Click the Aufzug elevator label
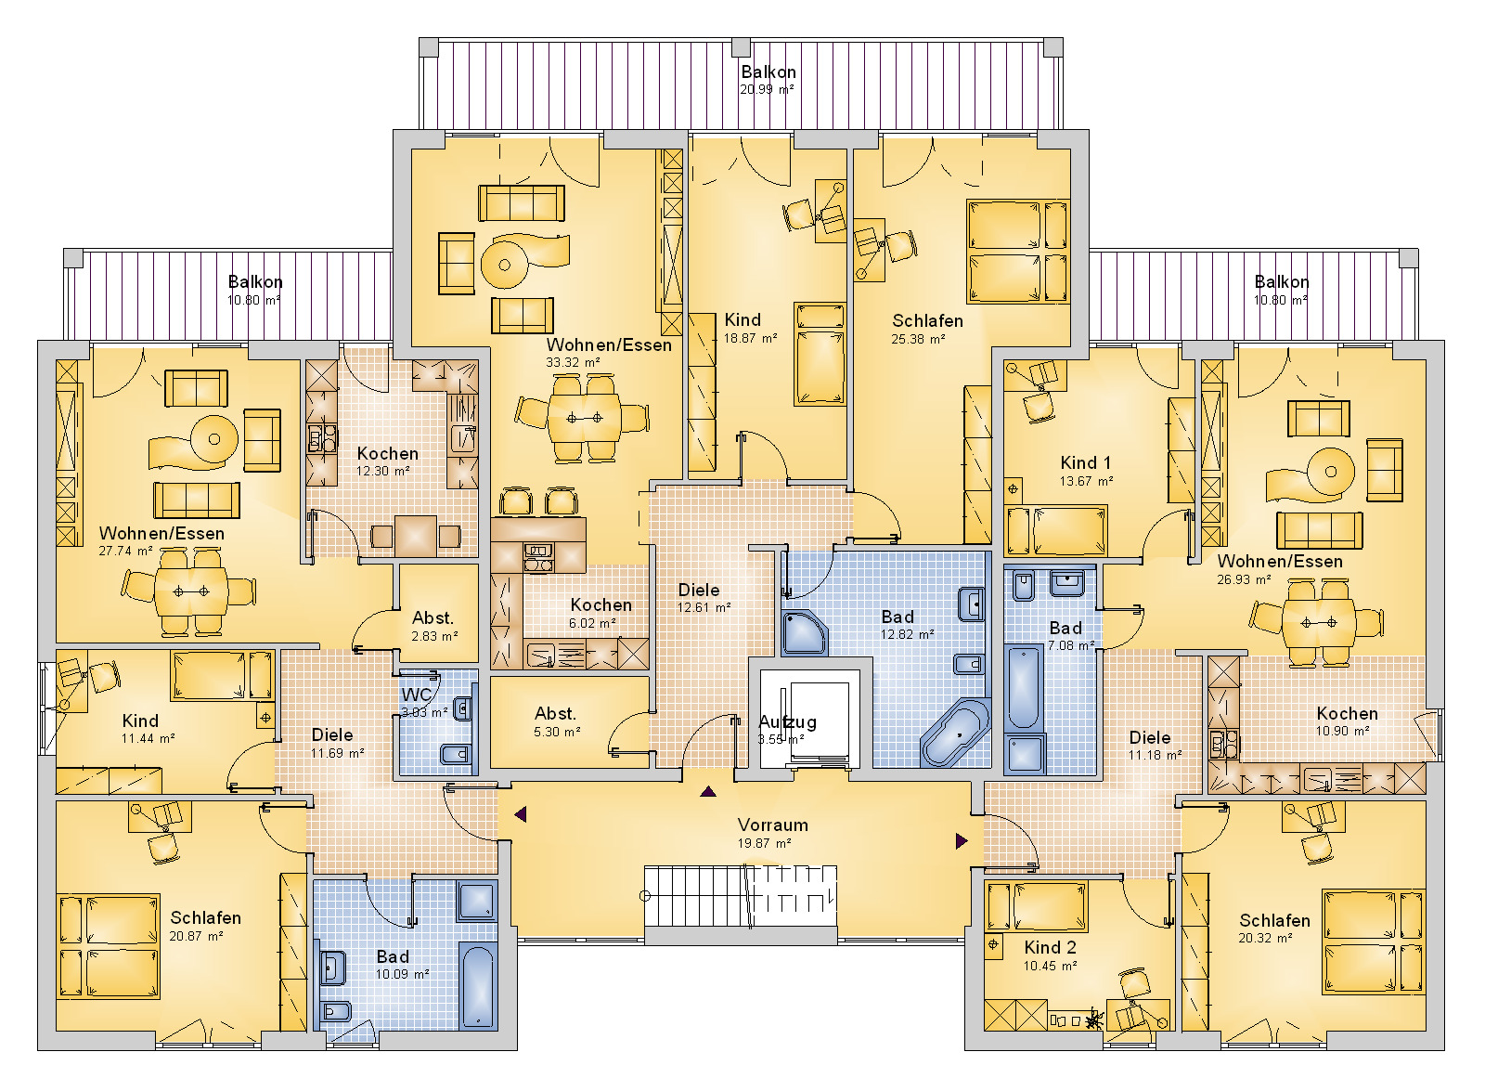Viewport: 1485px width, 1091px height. tap(788, 721)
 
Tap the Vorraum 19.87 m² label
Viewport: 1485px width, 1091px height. tap(773, 833)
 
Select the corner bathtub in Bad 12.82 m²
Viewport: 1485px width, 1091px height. tap(955, 733)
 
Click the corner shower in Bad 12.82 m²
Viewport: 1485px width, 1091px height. tap(804, 632)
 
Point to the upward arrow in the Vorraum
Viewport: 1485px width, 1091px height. tap(708, 790)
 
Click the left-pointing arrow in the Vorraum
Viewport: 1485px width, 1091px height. tap(521, 813)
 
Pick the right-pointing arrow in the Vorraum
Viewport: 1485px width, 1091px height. tap(962, 841)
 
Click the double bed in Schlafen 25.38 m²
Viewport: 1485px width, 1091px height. tap(1017, 252)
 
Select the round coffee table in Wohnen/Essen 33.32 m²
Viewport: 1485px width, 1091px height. tap(505, 265)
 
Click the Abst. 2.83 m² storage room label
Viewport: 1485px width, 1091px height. tap(433, 626)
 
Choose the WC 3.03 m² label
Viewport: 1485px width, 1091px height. tap(424, 702)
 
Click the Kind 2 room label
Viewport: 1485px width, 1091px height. tap(1050, 947)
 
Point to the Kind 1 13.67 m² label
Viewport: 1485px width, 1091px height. tap(1085, 471)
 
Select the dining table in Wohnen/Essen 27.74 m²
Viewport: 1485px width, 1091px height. tap(191, 591)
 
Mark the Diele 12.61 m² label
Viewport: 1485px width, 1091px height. tap(703, 598)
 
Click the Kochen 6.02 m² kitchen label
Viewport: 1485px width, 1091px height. tap(600, 613)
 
